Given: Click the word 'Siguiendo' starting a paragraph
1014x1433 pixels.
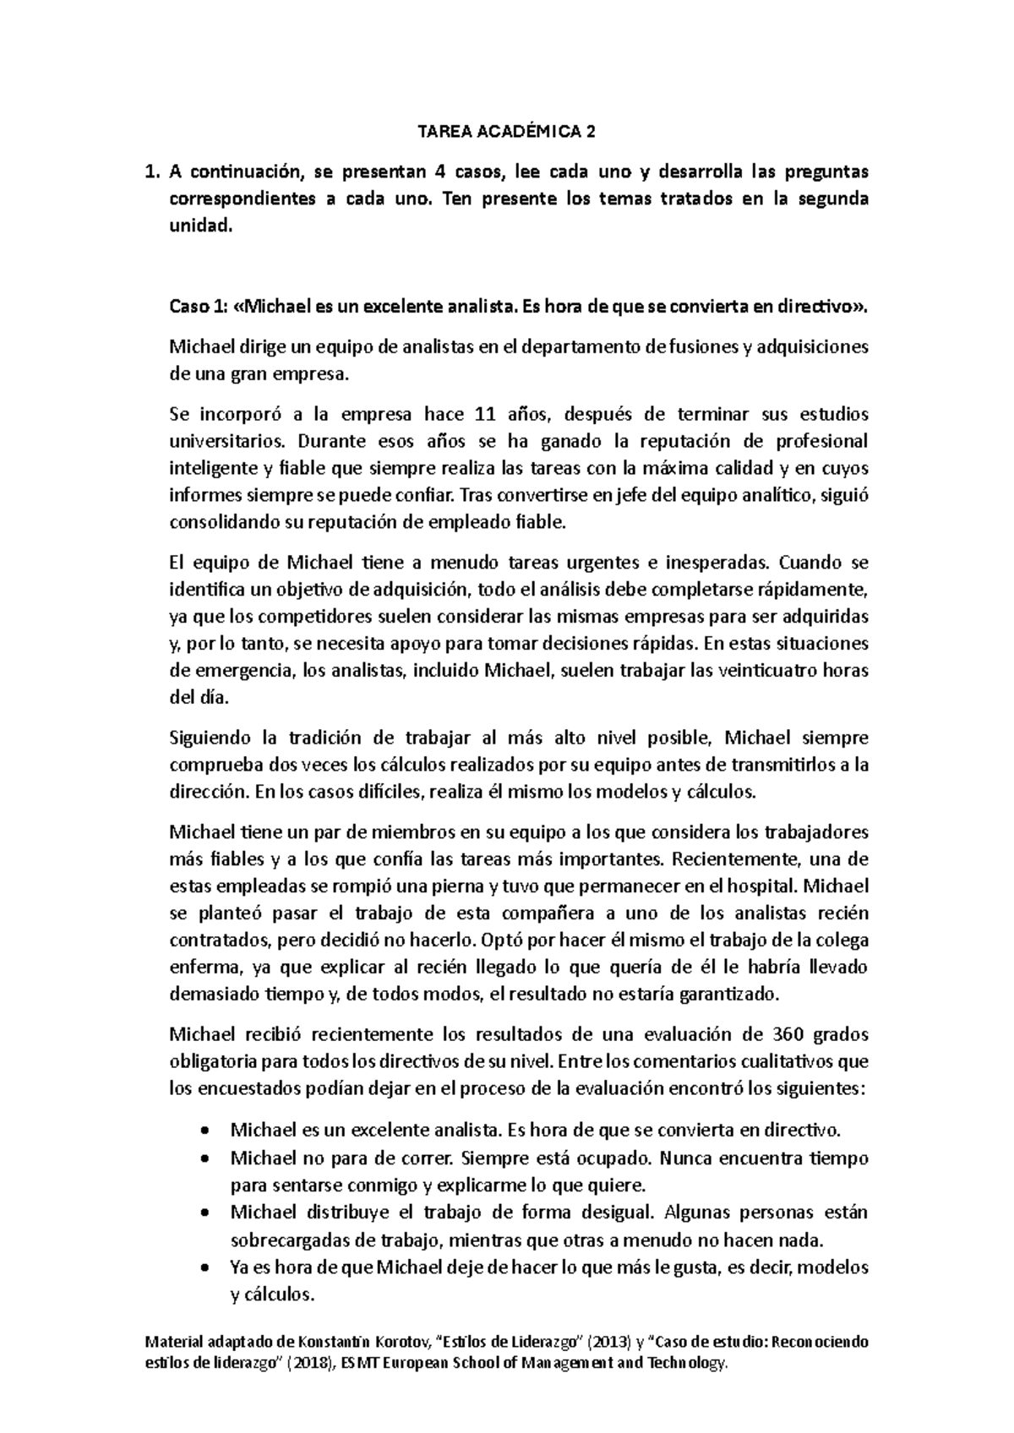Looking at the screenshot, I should [210, 738].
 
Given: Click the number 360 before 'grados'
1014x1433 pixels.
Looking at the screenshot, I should [788, 1035].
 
